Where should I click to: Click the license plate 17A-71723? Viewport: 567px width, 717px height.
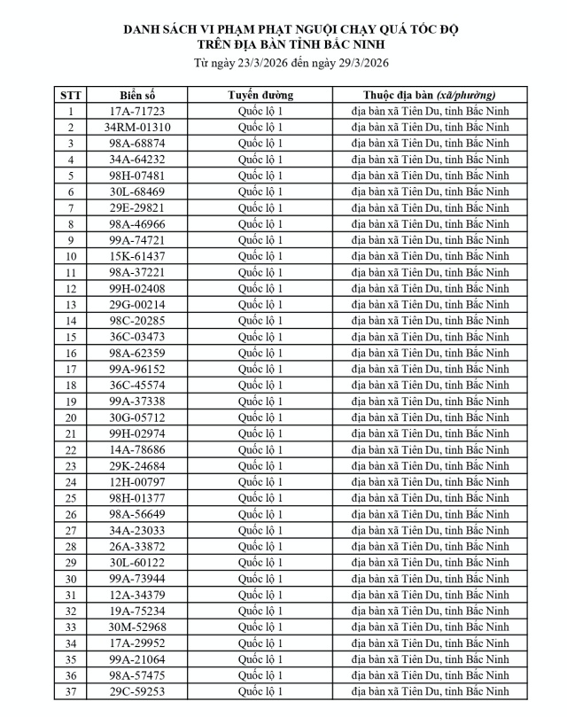[137, 111]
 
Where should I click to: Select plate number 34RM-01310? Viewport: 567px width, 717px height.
[137, 127]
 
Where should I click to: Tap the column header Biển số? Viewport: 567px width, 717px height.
[137, 95]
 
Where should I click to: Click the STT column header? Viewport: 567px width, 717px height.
[70, 95]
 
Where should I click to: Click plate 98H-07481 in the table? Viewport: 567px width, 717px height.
[137, 175]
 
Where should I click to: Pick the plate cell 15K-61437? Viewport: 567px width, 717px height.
[137, 256]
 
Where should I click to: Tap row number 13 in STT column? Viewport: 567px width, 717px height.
[70, 305]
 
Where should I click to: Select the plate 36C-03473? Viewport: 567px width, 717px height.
[137, 337]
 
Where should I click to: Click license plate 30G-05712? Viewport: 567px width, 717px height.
[137, 417]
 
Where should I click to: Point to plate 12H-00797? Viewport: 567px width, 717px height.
[137, 482]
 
